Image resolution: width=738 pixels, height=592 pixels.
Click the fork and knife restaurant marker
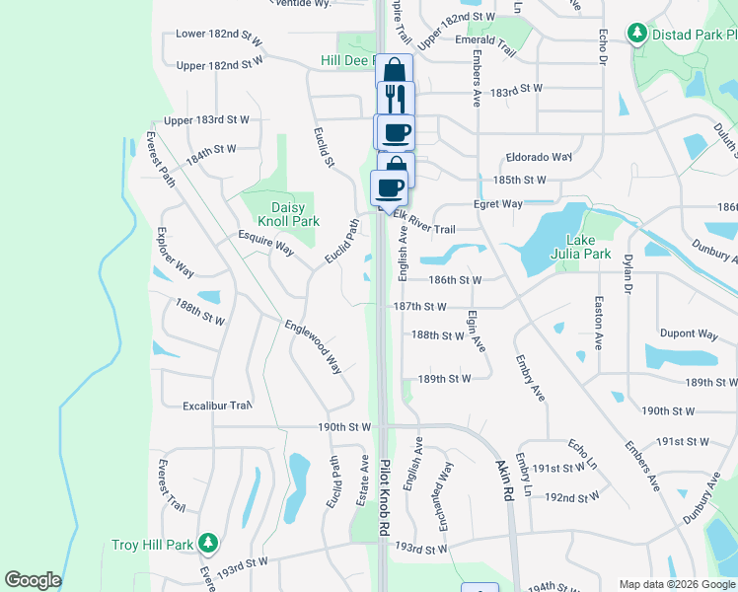(396, 99)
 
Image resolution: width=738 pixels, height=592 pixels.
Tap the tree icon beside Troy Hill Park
(207, 543)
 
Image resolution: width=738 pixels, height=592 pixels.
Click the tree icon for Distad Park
(637, 35)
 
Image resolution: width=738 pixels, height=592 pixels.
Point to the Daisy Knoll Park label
(295, 215)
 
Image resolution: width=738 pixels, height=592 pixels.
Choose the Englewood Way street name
(313, 345)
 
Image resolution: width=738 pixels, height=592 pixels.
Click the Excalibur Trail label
(217, 406)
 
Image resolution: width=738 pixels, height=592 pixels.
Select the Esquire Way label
(266, 243)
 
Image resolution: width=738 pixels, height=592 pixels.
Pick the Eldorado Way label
(539, 157)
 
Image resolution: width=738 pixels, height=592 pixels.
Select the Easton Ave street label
(598, 323)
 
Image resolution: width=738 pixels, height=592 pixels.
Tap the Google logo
(33, 580)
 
